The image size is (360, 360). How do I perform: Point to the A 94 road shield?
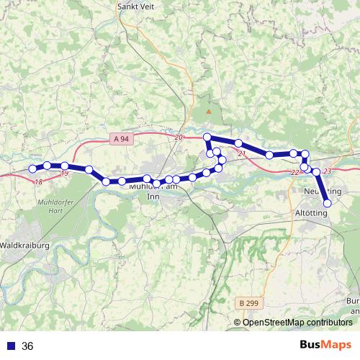click(x=121, y=138)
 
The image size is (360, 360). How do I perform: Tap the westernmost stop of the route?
click(x=32, y=169)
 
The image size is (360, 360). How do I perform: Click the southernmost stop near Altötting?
click(x=328, y=203)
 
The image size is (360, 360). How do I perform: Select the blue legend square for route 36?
click(x=10, y=346)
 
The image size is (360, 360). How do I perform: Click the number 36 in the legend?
click(x=27, y=346)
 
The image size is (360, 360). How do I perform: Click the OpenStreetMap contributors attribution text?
click(x=297, y=323)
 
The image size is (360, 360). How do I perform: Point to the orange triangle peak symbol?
click(x=210, y=112)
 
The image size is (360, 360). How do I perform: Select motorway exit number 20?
click(x=179, y=137)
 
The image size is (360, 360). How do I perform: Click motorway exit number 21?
click(x=241, y=154)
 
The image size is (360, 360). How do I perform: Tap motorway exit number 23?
click(x=327, y=171)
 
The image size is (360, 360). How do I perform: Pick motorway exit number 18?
click(x=38, y=181)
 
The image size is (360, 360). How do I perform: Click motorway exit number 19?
click(x=65, y=174)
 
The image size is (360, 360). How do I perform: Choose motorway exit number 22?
click(x=294, y=173)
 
